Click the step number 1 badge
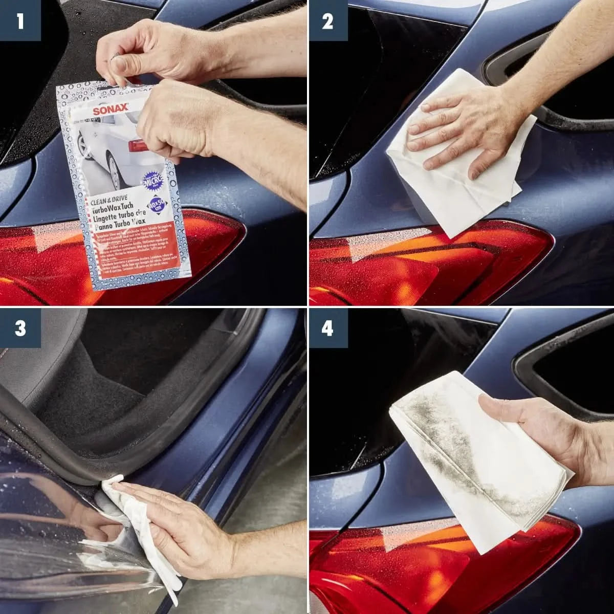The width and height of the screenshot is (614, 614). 20,21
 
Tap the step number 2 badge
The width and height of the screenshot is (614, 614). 327,21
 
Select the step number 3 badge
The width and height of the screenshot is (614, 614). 20,328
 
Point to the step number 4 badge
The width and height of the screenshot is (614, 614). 327,328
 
